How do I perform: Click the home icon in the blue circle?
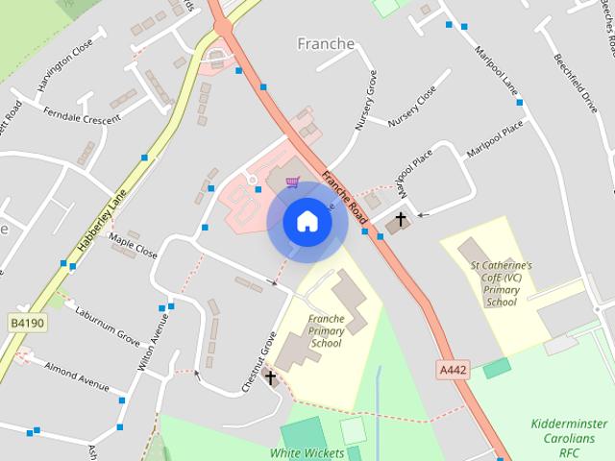coord(307,222)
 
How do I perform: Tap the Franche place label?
coord(326,44)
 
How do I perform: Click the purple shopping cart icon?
coord(292,182)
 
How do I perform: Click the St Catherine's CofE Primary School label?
coord(502,283)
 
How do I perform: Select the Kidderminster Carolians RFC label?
coord(569,437)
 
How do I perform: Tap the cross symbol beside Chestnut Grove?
coord(271,378)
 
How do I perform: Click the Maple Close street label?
coord(133,246)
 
